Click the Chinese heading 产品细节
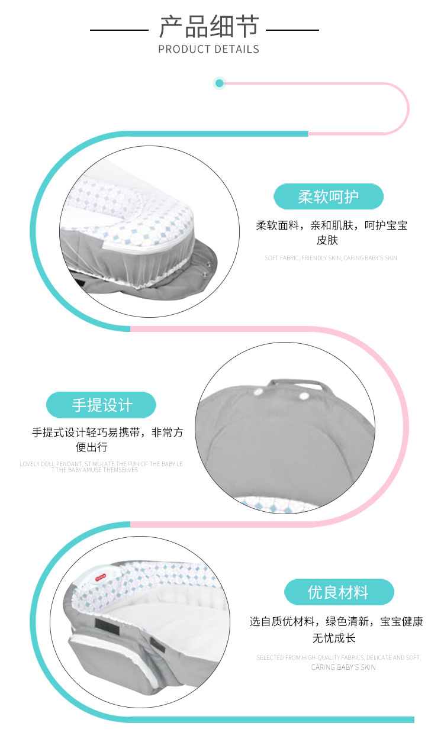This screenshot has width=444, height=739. pyautogui.click(x=208, y=27)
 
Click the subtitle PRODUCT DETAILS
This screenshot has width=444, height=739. pyautogui.click(x=208, y=49)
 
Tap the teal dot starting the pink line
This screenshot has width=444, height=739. pyautogui.click(x=219, y=83)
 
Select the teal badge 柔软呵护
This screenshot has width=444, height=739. pyautogui.click(x=329, y=196)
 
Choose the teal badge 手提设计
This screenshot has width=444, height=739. pyautogui.click(x=101, y=405)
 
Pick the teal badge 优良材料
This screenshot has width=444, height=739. pyautogui.click(x=339, y=592)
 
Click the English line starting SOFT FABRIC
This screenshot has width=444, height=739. pyautogui.click(x=331, y=258)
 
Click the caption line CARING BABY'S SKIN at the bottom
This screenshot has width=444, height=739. pyautogui.click(x=343, y=667)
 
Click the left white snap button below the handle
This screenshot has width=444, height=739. pyautogui.click(x=258, y=392)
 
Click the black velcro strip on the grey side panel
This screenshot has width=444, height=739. pyautogui.click(x=107, y=625)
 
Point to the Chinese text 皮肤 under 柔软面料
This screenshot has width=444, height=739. pyautogui.click(x=327, y=240)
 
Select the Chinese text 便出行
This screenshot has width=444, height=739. pyautogui.click(x=91, y=447)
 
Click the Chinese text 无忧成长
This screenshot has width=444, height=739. pyautogui.click(x=334, y=638)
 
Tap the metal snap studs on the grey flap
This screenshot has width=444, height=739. pyautogui.click(x=206, y=268)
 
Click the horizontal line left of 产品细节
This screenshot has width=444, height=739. pyautogui.click(x=119, y=30)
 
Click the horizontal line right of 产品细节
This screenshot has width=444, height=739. pyautogui.click(x=292, y=30)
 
